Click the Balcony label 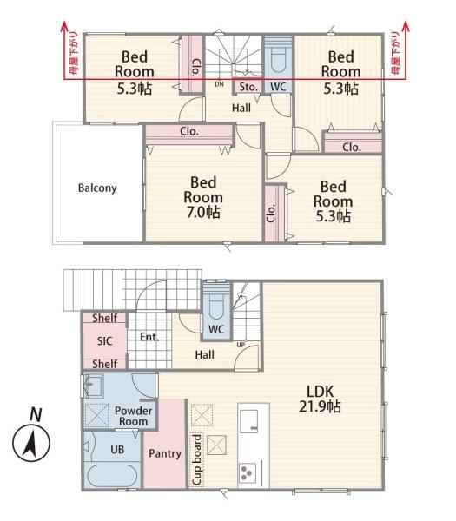click(x=97, y=188)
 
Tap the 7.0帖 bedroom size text click(x=203, y=212)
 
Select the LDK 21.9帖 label click(x=320, y=399)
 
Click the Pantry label click(x=165, y=453)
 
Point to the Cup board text click(x=197, y=459)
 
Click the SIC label click(x=105, y=341)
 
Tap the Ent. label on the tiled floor click(x=149, y=337)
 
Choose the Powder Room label click(x=133, y=416)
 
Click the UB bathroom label click(x=117, y=450)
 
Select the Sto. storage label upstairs click(x=248, y=87)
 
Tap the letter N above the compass click(x=36, y=414)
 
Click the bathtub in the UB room click(x=111, y=476)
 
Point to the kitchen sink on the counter click(x=249, y=421)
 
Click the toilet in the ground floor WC click(x=216, y=304)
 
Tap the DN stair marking click(x=220, y=84)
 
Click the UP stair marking click(x=241, y=345)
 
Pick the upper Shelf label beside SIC click(x=105, y=318)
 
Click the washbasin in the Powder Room click(x=94, y=386)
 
